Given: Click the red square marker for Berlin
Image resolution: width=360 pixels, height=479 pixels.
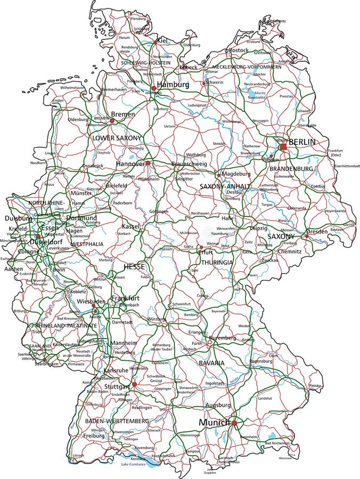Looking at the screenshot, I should [x=283, y=146].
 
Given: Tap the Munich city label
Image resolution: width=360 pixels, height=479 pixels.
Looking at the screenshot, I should [x=214, y=422].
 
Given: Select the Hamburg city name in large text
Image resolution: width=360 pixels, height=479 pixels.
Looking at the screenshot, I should [x=174, y=85].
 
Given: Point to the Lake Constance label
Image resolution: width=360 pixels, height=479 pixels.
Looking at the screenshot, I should [x=133, y=465].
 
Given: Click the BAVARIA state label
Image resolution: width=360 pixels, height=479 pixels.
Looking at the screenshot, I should [x=212, y=363].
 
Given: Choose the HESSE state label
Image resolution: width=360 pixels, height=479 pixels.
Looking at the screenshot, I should [x=134, y=266].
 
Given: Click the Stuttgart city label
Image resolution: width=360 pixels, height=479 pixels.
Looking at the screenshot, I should [x=117, y=386].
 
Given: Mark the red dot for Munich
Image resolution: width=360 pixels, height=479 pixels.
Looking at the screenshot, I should [x=234, y=423].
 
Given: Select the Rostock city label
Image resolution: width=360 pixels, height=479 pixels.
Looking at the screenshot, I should [x=239, y=50].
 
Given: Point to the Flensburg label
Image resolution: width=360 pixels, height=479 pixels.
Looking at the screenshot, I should [x=138, y=18].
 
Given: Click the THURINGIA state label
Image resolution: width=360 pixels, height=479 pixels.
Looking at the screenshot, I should [x=217, y=262].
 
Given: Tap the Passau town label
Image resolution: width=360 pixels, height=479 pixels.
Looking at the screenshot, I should [x=315, y=385].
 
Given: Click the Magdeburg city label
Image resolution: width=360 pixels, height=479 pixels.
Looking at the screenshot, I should [x=236, y=174].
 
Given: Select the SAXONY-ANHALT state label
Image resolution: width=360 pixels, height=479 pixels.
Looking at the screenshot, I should [x=225, y=186].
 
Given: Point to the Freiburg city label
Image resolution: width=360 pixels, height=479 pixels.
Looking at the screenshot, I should [x=94, y=436].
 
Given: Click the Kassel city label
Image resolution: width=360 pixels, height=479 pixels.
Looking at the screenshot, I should [x=130, y=226].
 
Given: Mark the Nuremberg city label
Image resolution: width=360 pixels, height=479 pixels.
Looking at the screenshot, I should [x=222, y=338].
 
